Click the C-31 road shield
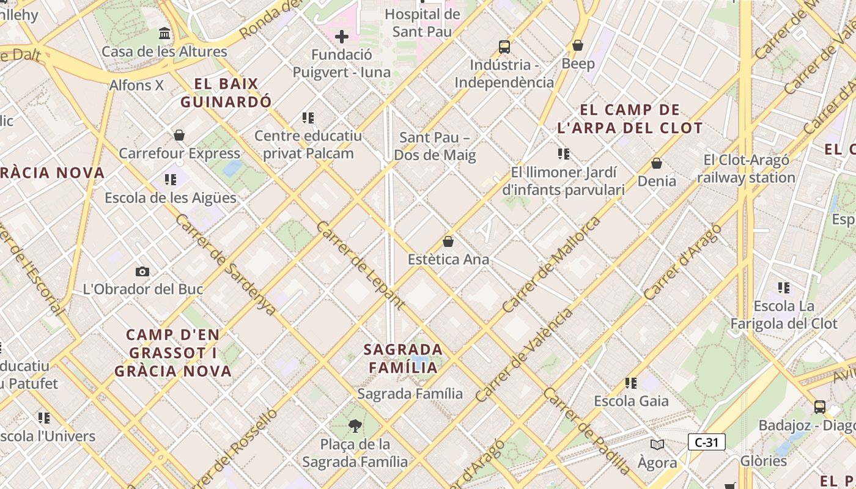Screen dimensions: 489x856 706,442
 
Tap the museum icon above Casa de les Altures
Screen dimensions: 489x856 164,33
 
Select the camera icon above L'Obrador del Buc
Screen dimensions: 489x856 142,271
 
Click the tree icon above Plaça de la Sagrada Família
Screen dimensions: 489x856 355,425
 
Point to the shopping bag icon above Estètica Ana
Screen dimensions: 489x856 448,241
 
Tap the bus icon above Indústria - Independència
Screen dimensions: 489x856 504,46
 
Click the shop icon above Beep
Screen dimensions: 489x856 578,45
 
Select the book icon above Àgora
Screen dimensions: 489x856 657,444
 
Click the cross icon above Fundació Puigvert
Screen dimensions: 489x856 342,37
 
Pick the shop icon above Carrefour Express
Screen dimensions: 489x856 179,135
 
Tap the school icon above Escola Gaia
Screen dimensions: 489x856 631,383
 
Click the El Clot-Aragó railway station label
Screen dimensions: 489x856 746,169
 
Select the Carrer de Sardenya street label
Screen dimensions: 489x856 226,264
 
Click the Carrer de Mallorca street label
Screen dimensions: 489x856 552,264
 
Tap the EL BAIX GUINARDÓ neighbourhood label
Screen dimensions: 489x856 226,93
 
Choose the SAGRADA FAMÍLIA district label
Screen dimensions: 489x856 403,358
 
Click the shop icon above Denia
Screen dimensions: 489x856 657,163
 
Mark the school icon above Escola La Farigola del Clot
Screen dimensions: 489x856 784,288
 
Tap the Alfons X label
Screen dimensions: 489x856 136,85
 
